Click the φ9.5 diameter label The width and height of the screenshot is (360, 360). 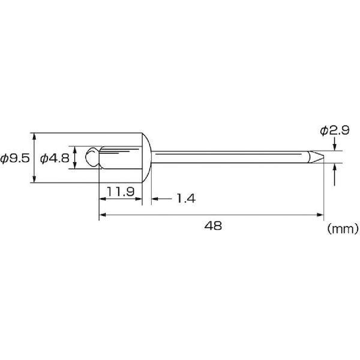pos(15,158)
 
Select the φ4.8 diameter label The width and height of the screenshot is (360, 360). pos(55,158)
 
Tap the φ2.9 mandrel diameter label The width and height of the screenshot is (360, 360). pos(335,130)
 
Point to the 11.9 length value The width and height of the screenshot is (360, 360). pos(121,191)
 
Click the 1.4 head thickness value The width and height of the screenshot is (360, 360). pos(186,199)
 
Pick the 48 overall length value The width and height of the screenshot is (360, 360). pos(213,226)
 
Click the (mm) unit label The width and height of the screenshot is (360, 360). pos(343,229)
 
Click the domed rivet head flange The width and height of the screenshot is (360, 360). pos(146,157)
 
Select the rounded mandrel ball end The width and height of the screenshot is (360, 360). pos(92,157)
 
